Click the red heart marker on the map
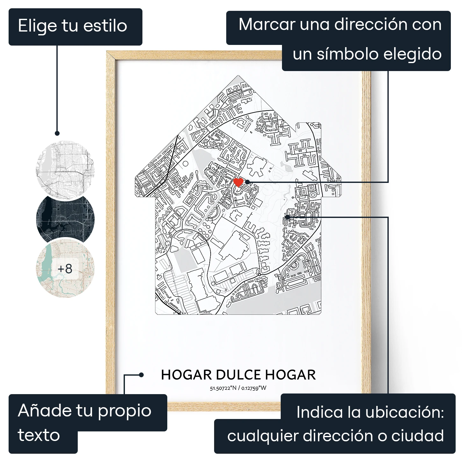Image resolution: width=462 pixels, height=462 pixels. (238, 183)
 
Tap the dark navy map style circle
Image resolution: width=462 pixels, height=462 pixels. (65, 219)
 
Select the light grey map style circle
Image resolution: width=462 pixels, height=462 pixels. (65, 170)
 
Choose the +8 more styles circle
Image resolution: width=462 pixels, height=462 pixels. (65, 269)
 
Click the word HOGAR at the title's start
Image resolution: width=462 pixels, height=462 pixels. (186, 375)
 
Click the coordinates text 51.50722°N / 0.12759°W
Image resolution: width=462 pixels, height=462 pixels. (238, 388)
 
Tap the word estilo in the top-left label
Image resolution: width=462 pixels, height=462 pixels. (105, 26)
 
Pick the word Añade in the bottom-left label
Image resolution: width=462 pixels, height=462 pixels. (44, 410)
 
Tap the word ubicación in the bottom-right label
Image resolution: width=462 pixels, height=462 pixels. (404, 412)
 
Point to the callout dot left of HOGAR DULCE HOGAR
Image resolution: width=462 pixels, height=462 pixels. (141, 375)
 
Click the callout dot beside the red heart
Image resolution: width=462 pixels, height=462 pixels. (248, 182)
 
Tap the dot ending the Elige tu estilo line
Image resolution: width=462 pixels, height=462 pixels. (57, 133)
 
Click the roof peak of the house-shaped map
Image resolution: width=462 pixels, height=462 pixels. (238, 76)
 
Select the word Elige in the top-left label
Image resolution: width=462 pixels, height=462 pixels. (38, 26)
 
